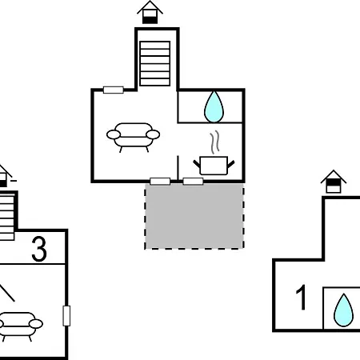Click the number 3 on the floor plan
[x=39, y=249]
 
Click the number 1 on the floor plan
[x=302, y=298]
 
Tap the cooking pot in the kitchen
[x=214, y=166]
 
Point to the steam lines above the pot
[x=214, y=142]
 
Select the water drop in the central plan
[x=214, y=106]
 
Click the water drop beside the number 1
[x=344, y=310]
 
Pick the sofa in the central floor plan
[x=133, y=137]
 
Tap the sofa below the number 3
[x=18, y=326]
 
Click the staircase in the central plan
[x=155, y=63]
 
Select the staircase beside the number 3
[x=7, y=218]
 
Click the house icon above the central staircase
[x=150, y=12]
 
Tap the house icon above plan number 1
[x=334, y=182]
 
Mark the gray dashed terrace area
[x=194, y=216]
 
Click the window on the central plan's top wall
[x=114, y=90]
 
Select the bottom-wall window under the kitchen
[x=193, y=182]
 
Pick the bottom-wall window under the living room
[x=160, y=182]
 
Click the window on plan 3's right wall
[x=66, y=316]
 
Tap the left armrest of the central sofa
[x=114, y=134]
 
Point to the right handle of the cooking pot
[x=230, y=164]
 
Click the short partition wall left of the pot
[x=178, y=167]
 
